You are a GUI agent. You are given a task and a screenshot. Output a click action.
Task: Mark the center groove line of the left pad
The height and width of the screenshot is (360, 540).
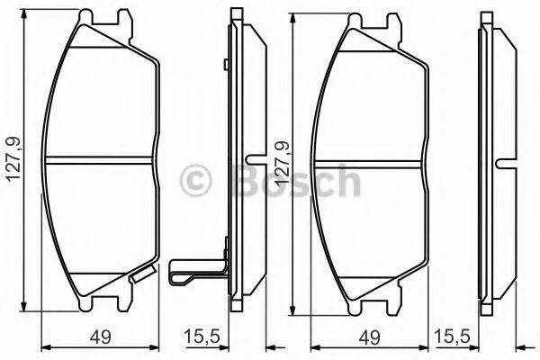[x=99, y=163]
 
